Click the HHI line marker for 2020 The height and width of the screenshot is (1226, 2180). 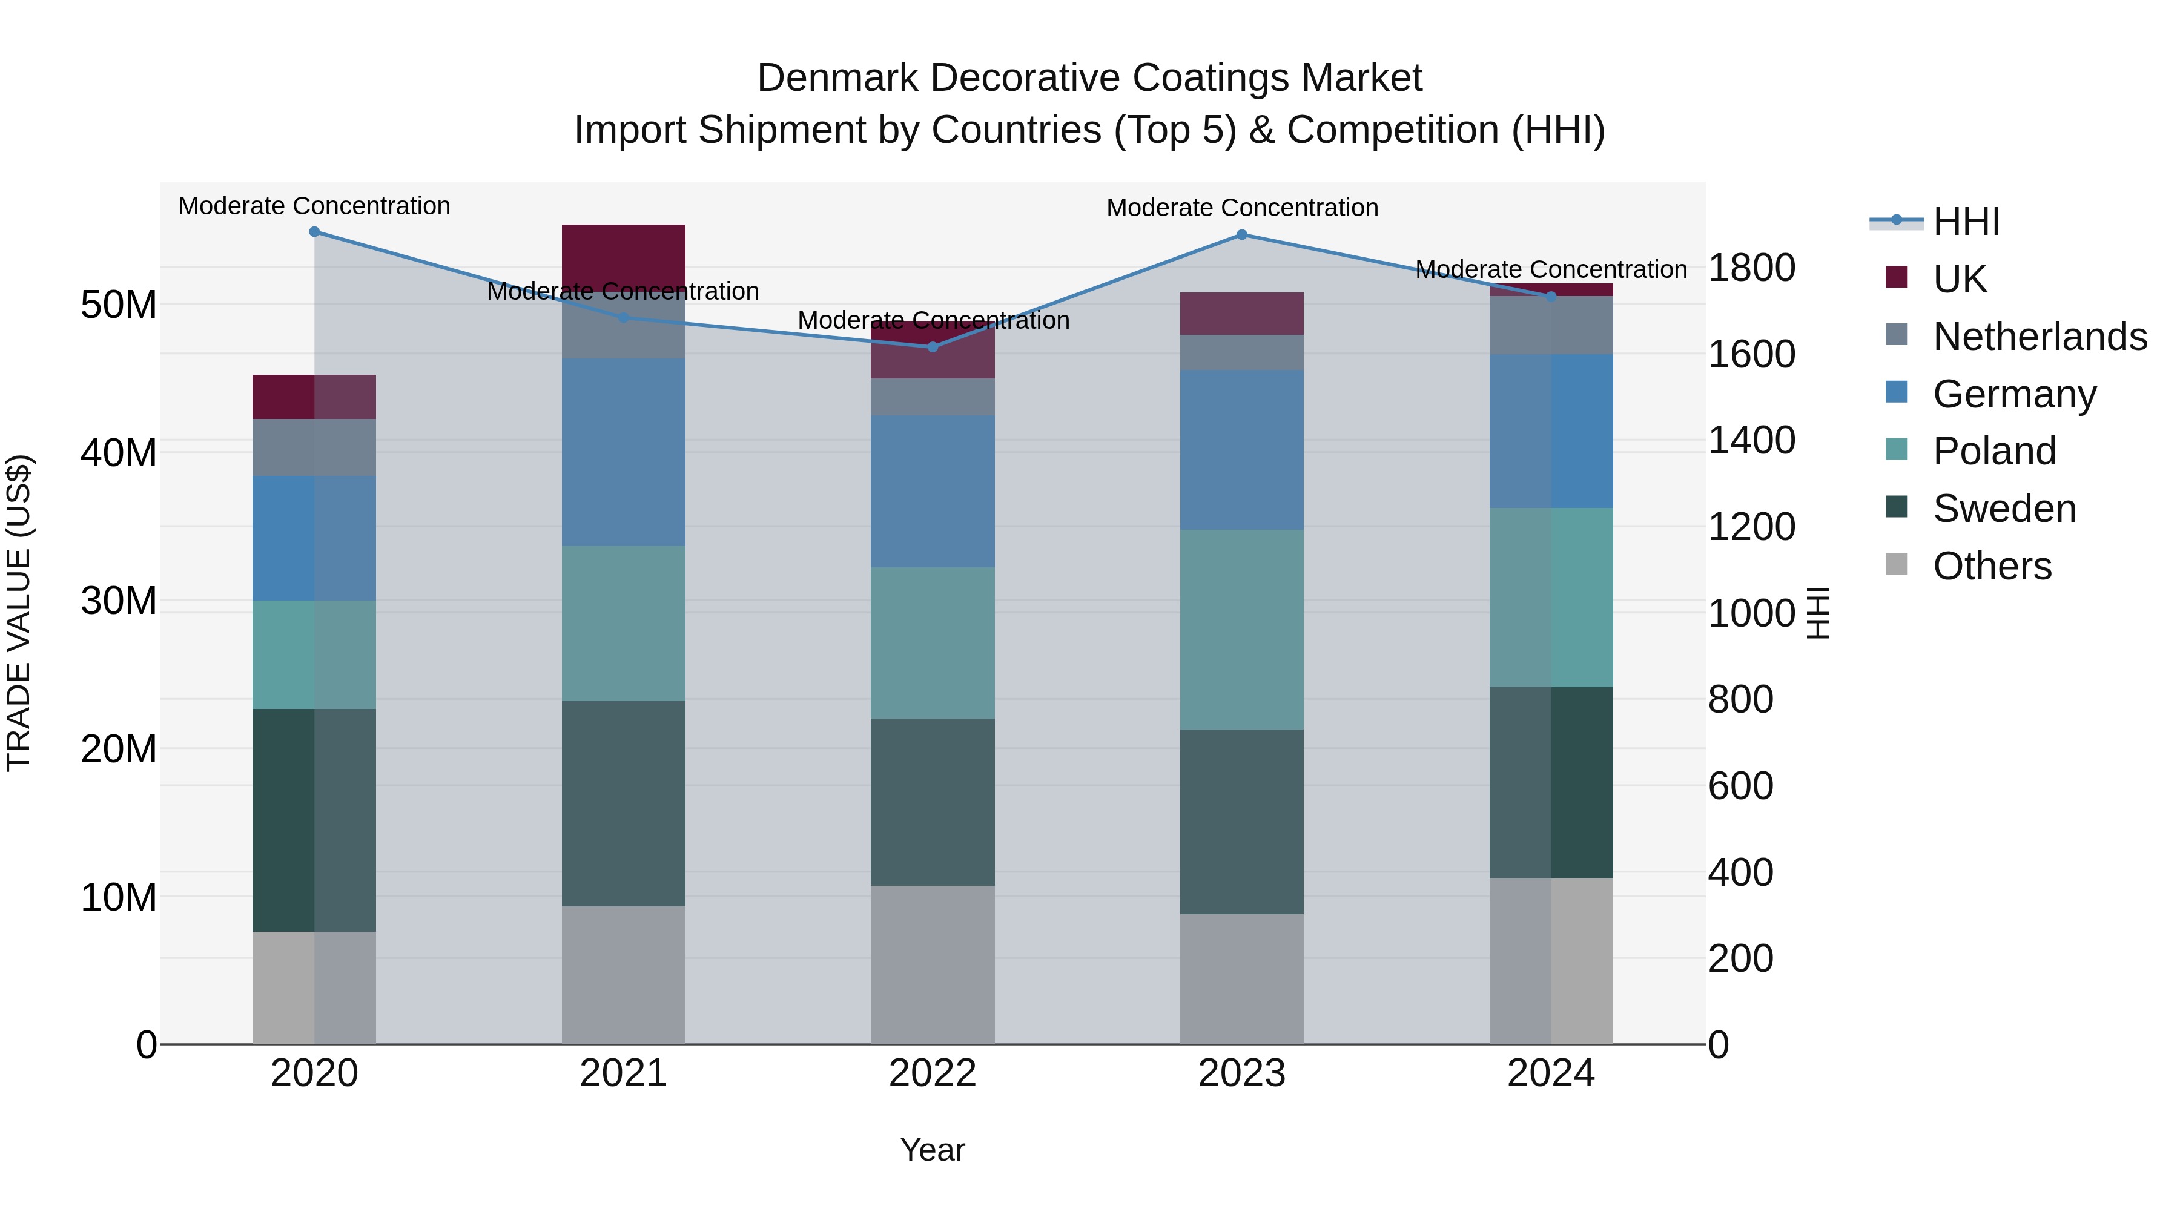pos(314,231)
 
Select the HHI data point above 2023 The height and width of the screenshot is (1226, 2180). pos(1241,234)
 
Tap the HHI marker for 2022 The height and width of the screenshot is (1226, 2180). pos(933,347)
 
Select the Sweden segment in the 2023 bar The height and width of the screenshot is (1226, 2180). pos(1241,821)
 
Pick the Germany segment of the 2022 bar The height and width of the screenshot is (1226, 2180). pos(933,491)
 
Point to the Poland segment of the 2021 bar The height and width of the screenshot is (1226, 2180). pos(623,623)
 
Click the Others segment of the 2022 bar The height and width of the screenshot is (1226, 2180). pos(933,964)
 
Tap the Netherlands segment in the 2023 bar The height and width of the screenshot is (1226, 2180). pos(1241,352)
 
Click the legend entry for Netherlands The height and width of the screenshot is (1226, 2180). pos(2040,336)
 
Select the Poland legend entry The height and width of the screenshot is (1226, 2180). pos(1994,451)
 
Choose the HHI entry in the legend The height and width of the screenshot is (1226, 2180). pos(1966,222)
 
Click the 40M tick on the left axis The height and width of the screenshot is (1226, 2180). pos(119,453)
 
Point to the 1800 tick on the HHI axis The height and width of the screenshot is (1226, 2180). pos(1751,268)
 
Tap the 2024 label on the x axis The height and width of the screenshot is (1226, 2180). pos(1550,1073)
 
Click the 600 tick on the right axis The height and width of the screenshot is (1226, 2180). pos(1740,785)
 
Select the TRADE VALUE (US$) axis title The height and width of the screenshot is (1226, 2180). pos(19,613)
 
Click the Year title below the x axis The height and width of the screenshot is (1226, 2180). pos(933,1150)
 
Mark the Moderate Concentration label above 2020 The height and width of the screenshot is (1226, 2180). pos(314,206)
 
